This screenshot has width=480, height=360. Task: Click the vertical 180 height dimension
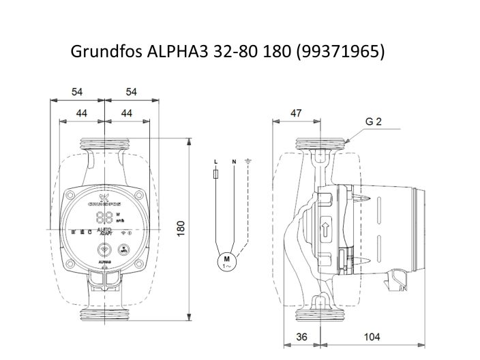(181, 230)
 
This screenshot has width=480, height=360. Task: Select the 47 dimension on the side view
(296, 113)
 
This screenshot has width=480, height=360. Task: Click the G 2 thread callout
(373, 122)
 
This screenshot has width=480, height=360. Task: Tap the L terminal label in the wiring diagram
(216, 162)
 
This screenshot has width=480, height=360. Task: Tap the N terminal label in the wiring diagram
(234, 162)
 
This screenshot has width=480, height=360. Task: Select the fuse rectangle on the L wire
(216, 175)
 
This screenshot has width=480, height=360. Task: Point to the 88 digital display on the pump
(104, 217)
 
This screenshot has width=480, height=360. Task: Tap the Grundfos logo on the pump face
(104, 202)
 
